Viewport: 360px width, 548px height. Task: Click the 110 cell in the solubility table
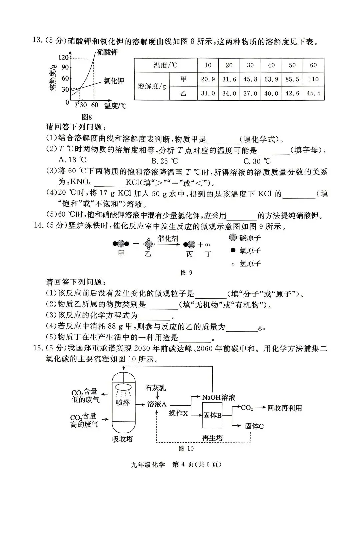[x=313, y=79]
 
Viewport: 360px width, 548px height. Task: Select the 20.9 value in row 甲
[x=208, y=79]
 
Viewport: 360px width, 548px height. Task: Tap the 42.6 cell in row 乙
[x=292, y=93]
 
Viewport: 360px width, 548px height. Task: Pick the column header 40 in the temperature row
[x=271, y=65]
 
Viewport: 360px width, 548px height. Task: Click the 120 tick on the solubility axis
[x=64, y=57]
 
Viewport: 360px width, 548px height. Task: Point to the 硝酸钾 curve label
[x=107, y=52]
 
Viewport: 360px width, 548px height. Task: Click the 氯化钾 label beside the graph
[x=114, y=81]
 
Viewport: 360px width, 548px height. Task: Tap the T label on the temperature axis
[x=76, y=105]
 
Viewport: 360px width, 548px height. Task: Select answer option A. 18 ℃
[x=72, y=161]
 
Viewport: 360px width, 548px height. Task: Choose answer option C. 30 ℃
[x=257, y=161]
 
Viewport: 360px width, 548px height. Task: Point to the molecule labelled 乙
[x=148, y=244]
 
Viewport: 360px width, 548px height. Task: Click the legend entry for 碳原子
[x=245, y=238]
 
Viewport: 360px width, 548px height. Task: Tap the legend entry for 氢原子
[x=245, y=264]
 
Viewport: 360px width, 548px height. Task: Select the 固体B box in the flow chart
[x=212, y=415]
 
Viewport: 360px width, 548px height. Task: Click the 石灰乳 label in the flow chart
[x=155, y=388]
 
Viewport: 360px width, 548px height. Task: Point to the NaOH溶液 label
[x=219, y=397]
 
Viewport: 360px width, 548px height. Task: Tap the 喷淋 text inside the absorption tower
[x=123, y=402]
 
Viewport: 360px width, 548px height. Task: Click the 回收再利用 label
[x=284, y=408]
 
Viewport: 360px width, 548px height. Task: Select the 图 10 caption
[x=186, y=448]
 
